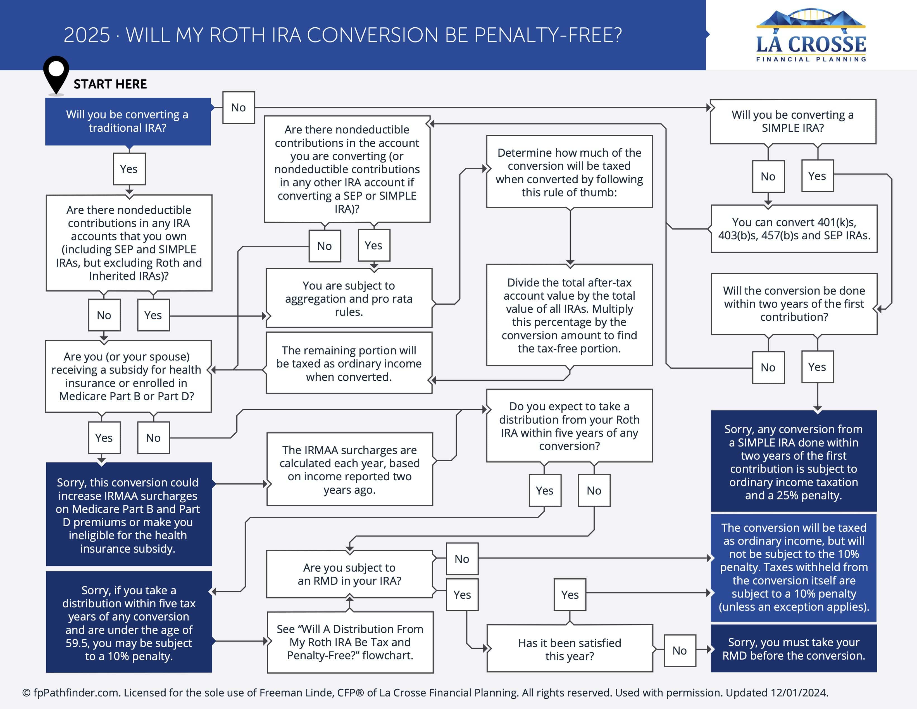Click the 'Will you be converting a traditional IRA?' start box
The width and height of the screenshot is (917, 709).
128,121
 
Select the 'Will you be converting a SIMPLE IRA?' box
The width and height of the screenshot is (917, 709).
792,121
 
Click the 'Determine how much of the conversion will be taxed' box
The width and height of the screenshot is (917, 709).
569,172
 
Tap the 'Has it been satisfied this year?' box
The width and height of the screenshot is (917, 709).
569,649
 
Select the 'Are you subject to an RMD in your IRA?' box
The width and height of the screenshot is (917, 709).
349,574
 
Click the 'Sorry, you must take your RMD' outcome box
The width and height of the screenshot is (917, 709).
793,649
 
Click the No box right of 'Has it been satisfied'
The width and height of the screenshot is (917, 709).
679,650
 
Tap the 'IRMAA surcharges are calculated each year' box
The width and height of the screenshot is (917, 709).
349,469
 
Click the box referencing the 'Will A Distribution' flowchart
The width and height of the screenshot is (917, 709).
350,642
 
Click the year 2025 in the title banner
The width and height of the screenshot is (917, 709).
87,35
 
